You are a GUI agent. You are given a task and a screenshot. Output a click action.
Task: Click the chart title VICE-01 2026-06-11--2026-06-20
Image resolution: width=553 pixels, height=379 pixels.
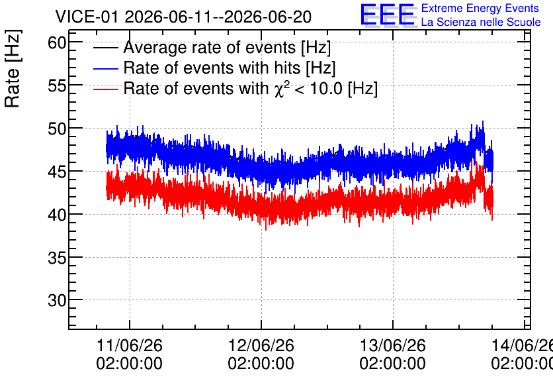(x=183, y=17)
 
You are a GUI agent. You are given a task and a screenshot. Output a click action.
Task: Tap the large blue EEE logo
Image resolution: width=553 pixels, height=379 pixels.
(x=388, y=15)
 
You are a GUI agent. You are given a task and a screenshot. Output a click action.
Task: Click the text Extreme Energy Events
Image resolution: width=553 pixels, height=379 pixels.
(x=480, y=8)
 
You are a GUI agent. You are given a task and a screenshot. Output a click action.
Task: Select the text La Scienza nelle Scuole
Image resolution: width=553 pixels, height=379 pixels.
(x=481, y=23)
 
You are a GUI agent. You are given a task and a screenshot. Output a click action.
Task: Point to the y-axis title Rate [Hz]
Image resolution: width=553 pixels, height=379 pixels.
(x=13, y=68)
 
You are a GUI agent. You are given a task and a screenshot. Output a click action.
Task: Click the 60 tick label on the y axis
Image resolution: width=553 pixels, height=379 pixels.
(x=57, y=43)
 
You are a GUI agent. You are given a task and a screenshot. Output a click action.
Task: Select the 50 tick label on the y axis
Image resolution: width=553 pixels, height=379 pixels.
(x=57, y=129)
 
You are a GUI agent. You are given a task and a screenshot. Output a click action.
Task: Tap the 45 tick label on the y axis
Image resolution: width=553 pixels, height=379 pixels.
(x=57, y=172)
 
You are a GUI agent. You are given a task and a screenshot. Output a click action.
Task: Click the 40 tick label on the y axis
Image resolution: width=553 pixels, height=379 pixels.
(x=57, y=215)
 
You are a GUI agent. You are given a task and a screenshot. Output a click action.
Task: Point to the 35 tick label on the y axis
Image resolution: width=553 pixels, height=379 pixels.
(x=57, y=258)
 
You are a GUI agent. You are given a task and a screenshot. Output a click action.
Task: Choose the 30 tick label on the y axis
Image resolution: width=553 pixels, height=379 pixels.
(x=57, y=300)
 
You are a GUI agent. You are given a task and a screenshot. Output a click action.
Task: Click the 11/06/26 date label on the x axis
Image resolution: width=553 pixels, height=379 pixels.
(x=130, y=345)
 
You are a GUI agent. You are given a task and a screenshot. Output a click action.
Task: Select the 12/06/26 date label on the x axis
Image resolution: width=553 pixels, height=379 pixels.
(x=261, y=345)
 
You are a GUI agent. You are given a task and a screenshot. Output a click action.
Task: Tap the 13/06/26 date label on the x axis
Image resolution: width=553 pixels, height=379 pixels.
(x=393, y=345)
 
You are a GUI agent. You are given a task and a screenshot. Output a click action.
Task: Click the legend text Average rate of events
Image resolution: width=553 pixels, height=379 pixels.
(x=210, y=47)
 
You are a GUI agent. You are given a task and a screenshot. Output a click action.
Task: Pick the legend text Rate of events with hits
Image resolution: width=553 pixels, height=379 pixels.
(x=212, y=68)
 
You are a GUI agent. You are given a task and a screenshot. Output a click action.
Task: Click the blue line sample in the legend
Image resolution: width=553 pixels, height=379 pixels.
(x=105, y=68)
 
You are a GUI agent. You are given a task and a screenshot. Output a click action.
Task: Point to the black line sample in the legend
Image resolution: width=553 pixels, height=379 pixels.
(x=105, y=48)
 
